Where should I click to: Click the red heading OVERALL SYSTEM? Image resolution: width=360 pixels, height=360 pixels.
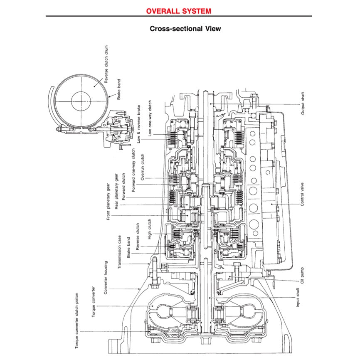pyautogui.click(x=178, y=11)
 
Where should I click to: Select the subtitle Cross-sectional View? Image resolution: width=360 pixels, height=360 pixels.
pyautogui.click(x=180, y=29)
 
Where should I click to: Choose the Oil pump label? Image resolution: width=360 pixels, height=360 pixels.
pyautogui.click(x=302, y=274)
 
